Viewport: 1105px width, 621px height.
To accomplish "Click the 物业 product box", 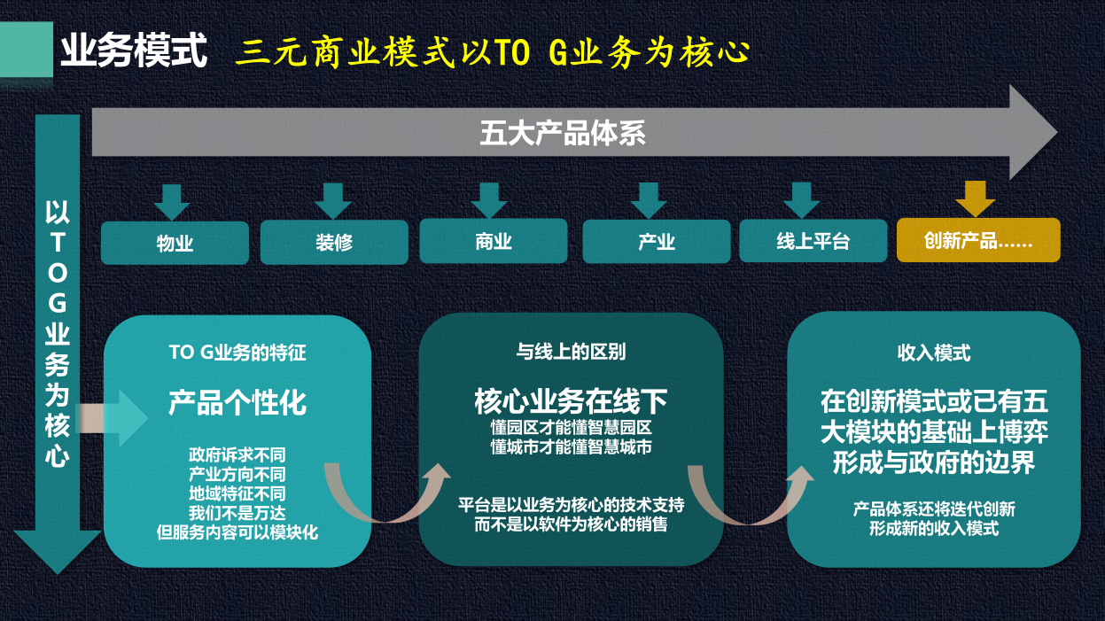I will coord(175,243).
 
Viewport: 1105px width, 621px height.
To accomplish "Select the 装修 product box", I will coord(334,242).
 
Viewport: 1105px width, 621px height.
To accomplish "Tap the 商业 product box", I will coord(494,241).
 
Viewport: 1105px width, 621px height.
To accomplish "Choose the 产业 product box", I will coord(657,242).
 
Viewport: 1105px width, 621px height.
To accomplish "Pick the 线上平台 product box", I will coord(813,241).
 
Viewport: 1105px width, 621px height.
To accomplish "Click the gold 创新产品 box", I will coord(978,240).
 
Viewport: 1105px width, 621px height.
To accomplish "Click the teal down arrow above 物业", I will coord(172,201).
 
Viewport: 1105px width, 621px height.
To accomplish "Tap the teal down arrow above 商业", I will coord(489,200).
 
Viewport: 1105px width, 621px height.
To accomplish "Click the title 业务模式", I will coord(134,51).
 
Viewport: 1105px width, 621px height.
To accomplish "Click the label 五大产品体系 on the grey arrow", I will coord(563,133).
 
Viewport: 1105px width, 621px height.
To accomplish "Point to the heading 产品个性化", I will coord(237,403).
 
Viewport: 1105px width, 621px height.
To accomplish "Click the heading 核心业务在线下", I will coord(571,401).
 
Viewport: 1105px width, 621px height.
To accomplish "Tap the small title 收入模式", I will coord(934,353).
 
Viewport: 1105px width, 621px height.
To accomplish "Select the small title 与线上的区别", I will coord(571,352).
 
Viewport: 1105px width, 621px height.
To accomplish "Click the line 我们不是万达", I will coord(237,513).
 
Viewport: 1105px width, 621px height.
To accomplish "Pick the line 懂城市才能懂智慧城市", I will coord(571,447).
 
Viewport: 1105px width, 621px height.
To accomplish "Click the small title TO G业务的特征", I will coord(237,353).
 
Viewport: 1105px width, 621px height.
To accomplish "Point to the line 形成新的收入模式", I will coord(934,529).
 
